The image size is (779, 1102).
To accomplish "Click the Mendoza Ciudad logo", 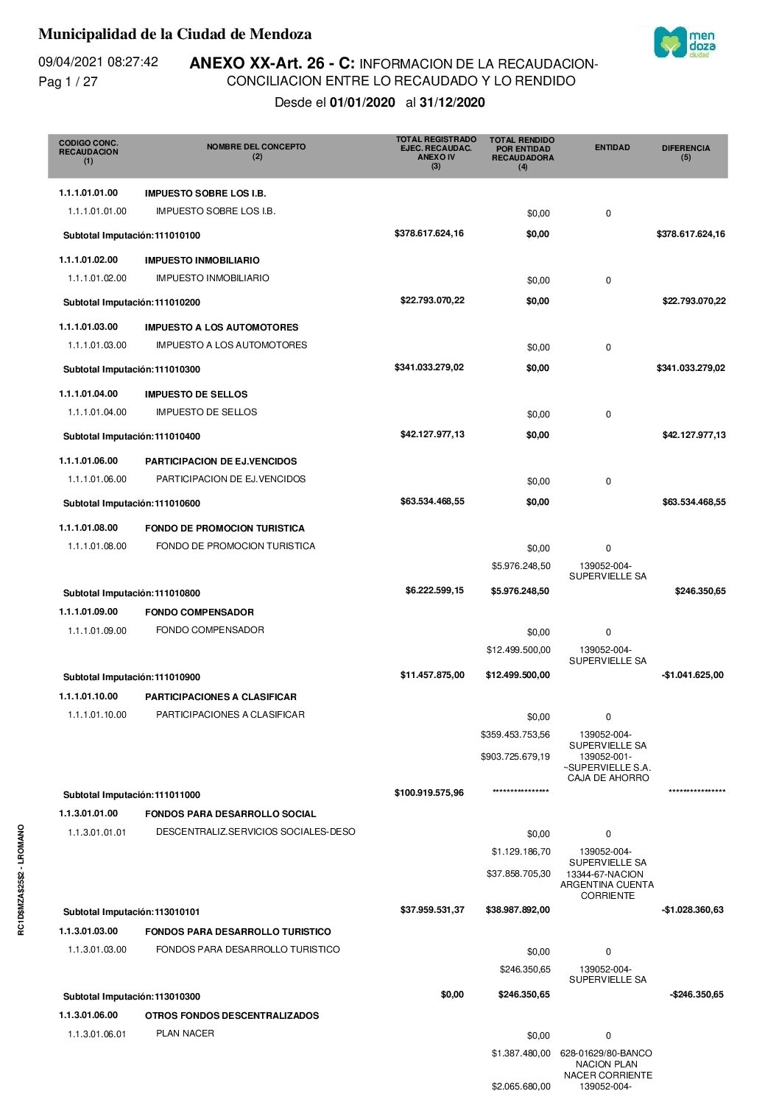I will tap(685, 43).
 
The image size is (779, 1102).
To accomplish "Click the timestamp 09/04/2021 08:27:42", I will tap(98, 62).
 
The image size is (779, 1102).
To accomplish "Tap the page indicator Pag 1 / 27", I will tap(68, 82).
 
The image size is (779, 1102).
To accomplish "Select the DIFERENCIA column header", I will tap(685, 152).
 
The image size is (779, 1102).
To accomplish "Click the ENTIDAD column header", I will tap(612, 147).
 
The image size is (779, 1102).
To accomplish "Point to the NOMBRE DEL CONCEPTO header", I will tap(256, 151).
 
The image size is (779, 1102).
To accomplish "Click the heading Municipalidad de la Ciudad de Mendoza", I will tap(175, 34).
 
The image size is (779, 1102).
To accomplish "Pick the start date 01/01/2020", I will tap(362, 102).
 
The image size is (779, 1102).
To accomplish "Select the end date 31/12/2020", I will tap(452, 102).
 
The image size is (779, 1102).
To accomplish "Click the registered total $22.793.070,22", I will tap(432, 300).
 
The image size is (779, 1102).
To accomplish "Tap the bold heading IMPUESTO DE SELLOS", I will tap(196, 394).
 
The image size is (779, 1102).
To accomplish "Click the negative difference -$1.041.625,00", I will tap(692, 675).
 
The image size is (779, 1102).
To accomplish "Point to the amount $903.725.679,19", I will tap(515, 757).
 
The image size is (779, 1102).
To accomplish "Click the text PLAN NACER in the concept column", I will tap(185, 1034).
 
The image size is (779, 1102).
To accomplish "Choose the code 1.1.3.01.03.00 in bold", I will tap(88, 931).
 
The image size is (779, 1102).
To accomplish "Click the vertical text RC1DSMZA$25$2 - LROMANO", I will tap(21, 880).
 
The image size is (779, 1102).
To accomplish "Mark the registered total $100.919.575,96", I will tap(429, 793).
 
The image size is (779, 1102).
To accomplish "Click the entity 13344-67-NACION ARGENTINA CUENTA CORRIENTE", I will tap(607, 885).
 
